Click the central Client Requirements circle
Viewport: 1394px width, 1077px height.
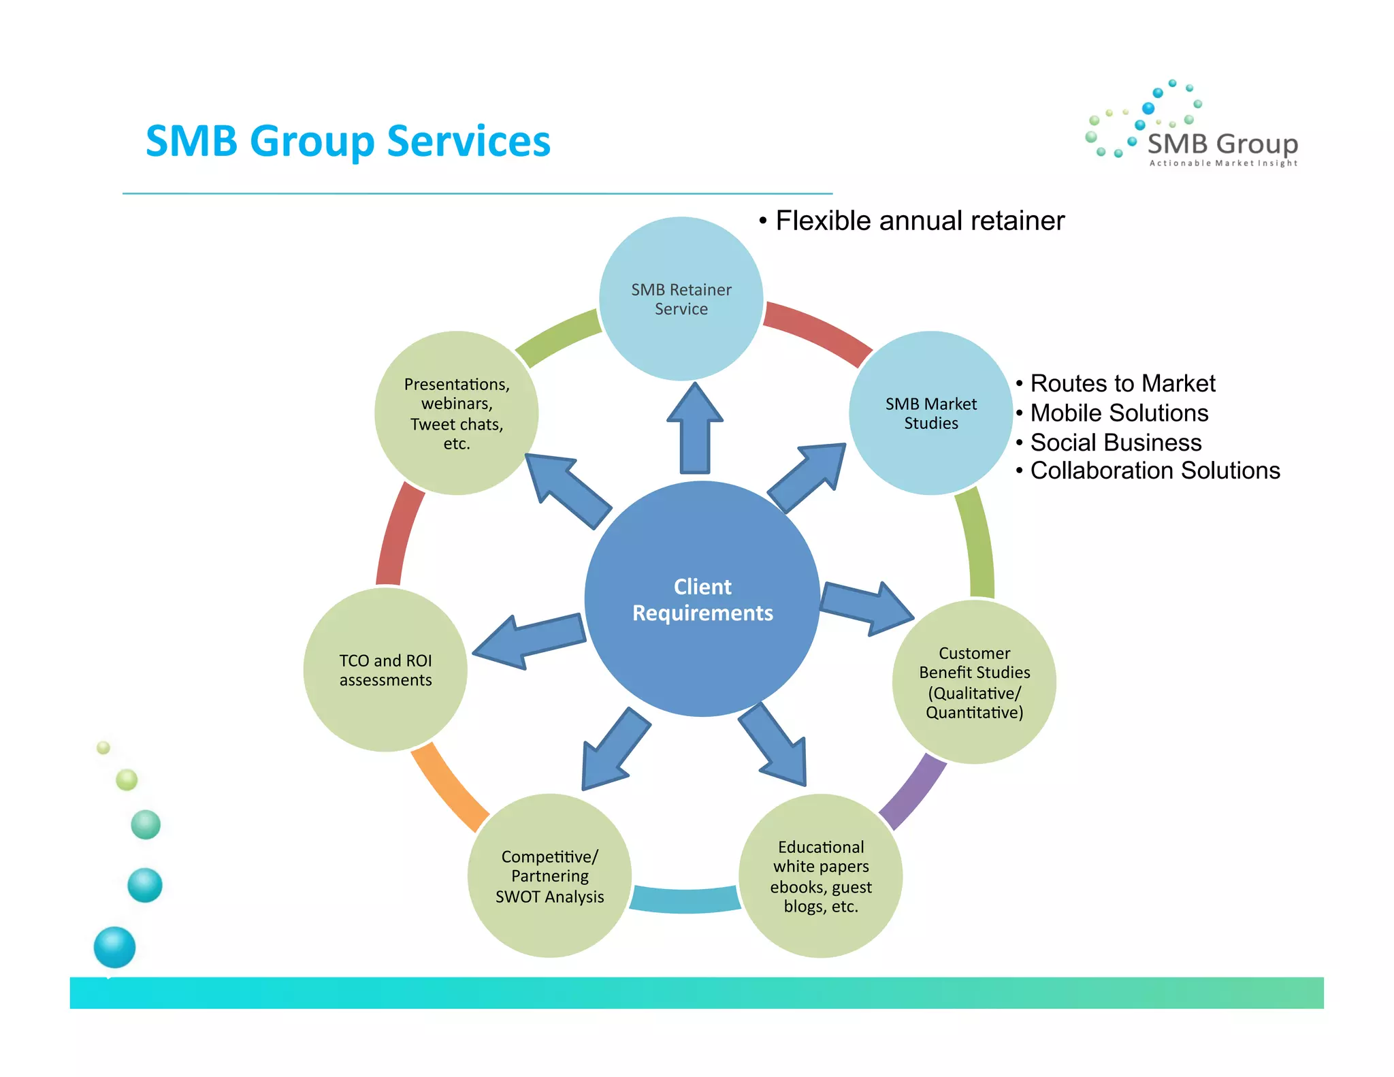702,599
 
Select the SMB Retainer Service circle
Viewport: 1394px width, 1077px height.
681,299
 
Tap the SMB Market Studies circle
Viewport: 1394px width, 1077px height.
930,413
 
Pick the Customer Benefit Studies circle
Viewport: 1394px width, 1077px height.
974,682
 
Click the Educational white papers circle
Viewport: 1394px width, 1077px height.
820,876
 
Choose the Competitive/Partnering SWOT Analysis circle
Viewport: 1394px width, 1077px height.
549,876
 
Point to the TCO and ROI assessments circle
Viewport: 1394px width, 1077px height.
385,670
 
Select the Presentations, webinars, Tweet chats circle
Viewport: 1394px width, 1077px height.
456,413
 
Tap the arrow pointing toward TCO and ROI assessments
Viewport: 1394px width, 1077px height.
528,641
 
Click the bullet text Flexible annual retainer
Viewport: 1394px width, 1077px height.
919,221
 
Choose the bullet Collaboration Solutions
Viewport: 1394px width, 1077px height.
1154,470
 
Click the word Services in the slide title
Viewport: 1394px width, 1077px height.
468,142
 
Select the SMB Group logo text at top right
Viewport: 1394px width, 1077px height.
1222,144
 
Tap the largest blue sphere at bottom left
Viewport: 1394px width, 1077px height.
114,947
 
